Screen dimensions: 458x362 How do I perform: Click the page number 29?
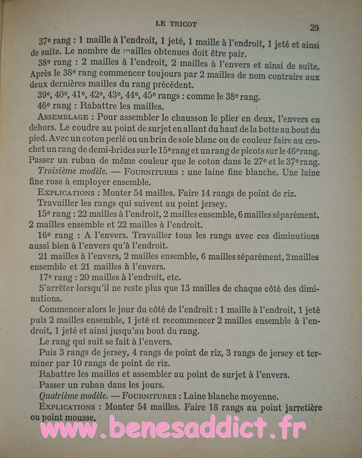pos(314,28)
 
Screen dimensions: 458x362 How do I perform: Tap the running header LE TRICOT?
pos(176,24)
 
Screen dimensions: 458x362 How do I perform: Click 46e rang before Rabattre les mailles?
pos(55,106)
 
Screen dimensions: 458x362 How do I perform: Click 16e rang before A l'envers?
pos(56,235)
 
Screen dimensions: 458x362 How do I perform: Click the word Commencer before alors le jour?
pos(66,309)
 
